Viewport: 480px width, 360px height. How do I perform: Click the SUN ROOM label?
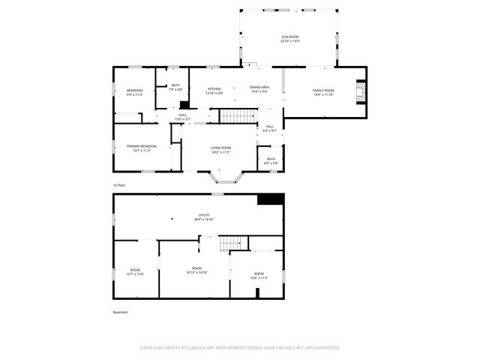289,37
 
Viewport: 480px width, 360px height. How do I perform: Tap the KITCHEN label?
214,88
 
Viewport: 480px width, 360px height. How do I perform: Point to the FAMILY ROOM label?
323,91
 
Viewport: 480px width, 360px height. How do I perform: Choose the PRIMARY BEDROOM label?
142,145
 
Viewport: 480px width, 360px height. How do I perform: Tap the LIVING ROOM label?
220,148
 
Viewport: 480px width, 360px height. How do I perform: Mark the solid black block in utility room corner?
270,199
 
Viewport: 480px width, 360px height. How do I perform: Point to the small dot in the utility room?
172,218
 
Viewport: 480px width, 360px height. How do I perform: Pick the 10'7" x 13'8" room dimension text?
135,274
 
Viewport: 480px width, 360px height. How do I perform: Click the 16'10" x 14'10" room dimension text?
196,272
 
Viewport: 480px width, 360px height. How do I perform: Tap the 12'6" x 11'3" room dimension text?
259,278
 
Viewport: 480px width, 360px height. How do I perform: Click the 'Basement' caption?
120,312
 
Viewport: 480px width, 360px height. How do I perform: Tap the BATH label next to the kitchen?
175,85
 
